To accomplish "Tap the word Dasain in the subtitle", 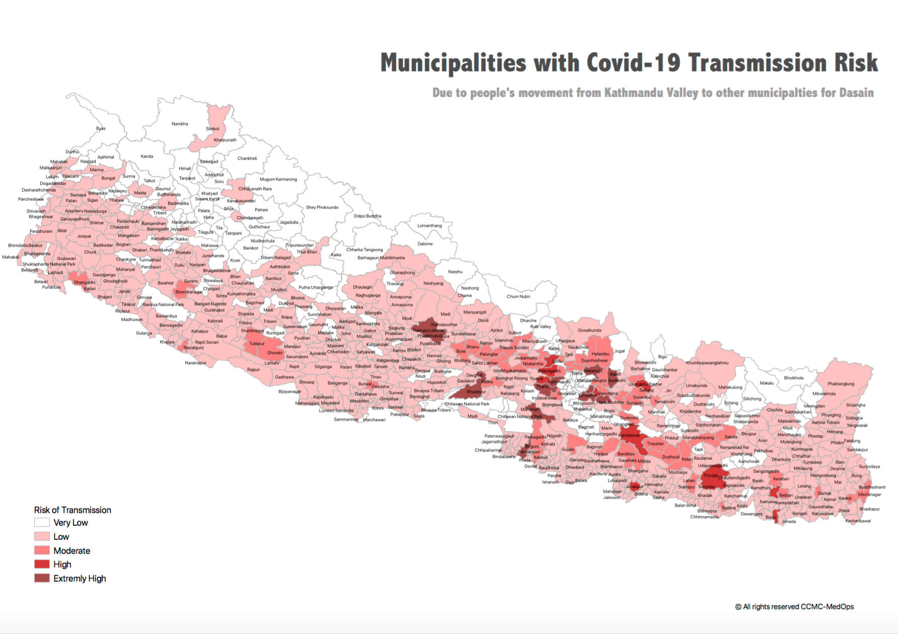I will [856, 93].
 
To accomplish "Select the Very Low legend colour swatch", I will [42, 523].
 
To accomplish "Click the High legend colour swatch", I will [42, 565].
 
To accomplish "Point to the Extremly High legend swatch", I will [42, 579].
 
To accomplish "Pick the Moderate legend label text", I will [71, 551].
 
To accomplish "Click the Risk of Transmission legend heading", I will [72, 510].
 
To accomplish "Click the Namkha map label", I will [180, 124].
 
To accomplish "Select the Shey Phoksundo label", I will [322, 207].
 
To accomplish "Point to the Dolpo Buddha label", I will [367, 216].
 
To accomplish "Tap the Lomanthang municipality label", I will [429, 226].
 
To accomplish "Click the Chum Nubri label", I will [518, 296].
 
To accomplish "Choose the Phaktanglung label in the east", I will [841, 384].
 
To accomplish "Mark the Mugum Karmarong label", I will [278, 179].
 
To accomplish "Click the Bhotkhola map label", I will [794, 378].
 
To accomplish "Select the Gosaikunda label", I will [589, 331].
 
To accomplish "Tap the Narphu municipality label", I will [455, 272].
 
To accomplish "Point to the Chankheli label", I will [247, 158].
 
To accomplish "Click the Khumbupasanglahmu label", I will [707, 363].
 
